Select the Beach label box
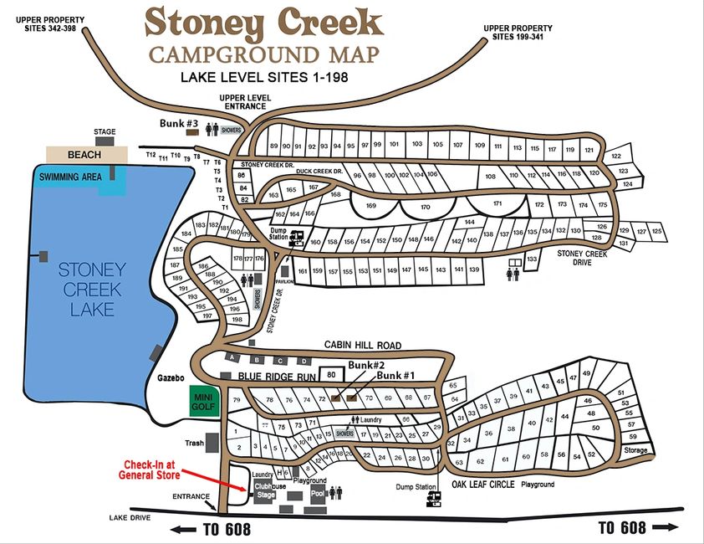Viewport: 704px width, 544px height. pos(84,155)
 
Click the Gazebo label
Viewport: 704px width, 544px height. pos(171,378)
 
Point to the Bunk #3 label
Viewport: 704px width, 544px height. pos(179,125)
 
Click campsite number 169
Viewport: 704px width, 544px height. pos(372,205)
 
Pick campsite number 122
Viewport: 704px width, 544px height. pos(616,157)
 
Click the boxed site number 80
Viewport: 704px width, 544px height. pos(331,374)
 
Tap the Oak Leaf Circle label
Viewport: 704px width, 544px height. pos(485,485)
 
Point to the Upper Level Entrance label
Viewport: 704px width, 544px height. pos(243,102)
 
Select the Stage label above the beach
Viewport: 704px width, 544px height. pos(105,132)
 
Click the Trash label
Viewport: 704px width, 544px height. pos(196,443)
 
